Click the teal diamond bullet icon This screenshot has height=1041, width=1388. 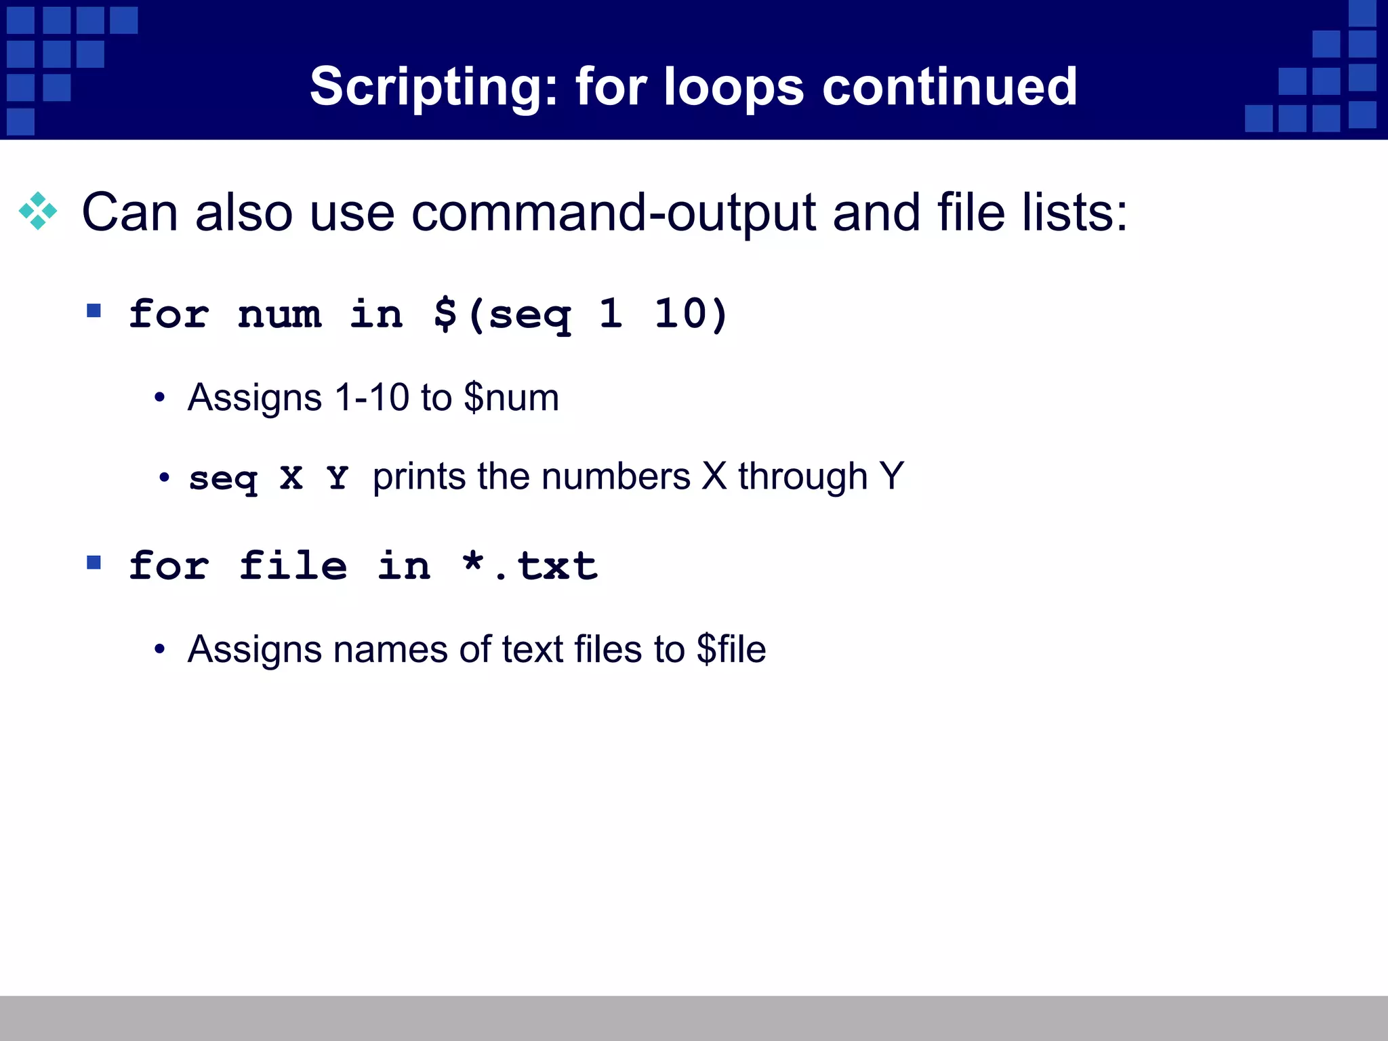(38, 211)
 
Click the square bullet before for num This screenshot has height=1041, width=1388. (94, 311)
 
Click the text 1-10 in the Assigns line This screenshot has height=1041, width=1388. (372, 397)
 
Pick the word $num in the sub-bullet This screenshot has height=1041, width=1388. (512, 398)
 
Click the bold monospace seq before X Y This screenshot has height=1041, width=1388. (223, 478)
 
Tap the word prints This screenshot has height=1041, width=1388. (419, 477)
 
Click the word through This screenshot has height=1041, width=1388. (803, 477)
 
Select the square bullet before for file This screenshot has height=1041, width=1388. (94, 563)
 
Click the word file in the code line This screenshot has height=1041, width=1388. (293, 566)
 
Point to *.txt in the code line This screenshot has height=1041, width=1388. (530, 566)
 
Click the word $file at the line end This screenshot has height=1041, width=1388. (731, 649)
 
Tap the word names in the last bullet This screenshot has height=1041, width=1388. (390, 649)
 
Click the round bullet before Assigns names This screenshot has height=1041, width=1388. (159, 649)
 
